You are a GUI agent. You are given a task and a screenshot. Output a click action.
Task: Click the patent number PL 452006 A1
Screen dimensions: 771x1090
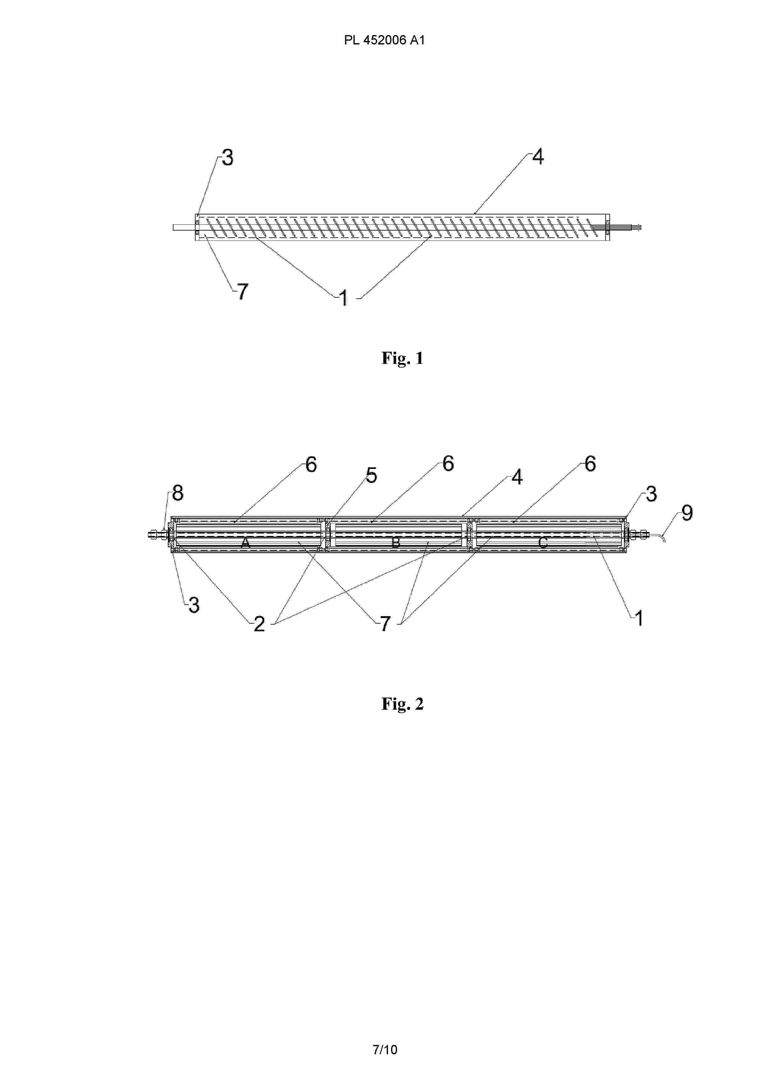384,40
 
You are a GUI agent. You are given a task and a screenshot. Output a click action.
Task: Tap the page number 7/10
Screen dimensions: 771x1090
385,1049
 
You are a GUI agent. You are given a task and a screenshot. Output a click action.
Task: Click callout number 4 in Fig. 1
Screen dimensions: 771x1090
538,156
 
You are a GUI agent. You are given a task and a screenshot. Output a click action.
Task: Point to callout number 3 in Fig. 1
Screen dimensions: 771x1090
228,158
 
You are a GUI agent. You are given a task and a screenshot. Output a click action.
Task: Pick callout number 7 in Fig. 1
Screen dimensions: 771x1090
243,291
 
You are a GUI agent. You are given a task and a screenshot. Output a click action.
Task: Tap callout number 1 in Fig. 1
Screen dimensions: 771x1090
344,298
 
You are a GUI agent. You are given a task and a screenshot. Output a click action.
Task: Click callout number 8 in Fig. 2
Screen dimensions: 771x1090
178,493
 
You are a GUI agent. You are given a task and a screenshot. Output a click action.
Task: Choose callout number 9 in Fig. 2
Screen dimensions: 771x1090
687,513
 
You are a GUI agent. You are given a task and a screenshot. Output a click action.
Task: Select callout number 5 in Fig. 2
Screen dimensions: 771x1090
372,475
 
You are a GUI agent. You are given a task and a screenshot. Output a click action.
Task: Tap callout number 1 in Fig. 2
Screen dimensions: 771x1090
639,618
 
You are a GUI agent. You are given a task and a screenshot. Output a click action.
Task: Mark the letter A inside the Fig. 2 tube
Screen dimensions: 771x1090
245,543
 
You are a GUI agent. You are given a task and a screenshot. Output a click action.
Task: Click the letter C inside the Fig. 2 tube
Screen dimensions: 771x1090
543,543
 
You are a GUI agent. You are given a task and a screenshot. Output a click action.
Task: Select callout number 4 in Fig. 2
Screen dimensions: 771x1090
517,477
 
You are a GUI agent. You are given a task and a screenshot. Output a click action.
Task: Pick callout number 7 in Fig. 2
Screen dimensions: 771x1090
385,623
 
